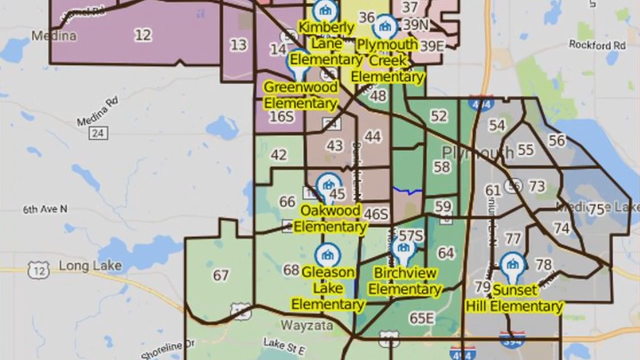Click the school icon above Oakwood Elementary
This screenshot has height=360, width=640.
click(x=327, y=185)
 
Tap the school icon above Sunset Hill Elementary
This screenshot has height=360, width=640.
click(x=513, y=265)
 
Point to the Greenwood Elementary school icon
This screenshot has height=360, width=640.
click(x=300, y=62)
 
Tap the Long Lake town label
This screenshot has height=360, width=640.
click(x=89, y=266)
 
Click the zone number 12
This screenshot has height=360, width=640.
click(x=143, y=35)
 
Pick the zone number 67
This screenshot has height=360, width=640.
click(x=221, y=276)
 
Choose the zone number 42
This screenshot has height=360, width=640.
click(x=279, y=155)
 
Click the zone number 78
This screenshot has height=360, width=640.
click(x=544, y=265)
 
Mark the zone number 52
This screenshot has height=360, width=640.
click(x=439, y=116)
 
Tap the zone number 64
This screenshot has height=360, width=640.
click(x=446, y=253)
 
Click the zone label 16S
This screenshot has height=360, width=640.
click(x=283, y=117)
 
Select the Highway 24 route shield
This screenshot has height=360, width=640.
click(x=97, y=133)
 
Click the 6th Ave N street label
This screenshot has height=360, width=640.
click(x=45, y=209)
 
